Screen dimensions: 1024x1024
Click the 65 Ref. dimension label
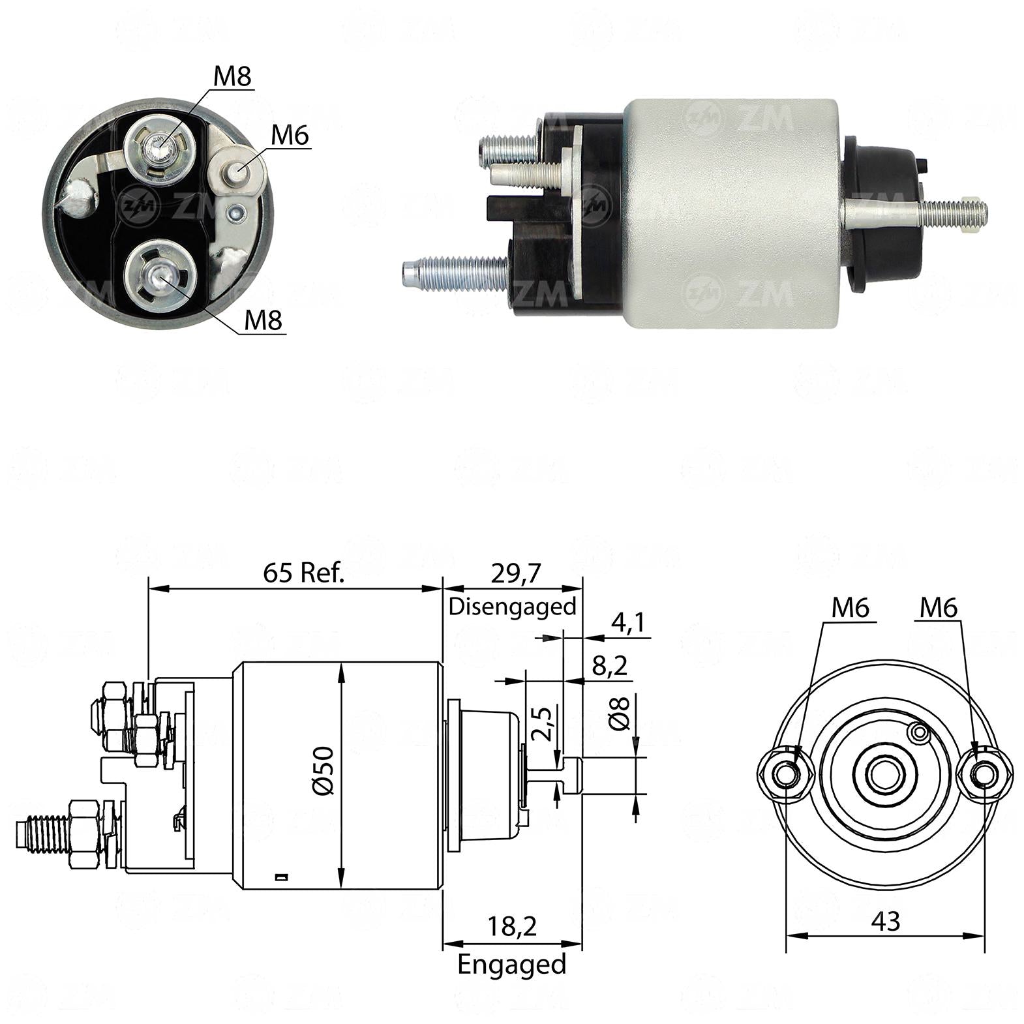click(x=303, y=573)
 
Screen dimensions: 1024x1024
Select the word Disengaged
click(x=513, y=607)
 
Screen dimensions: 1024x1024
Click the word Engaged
click(x=512, y=964)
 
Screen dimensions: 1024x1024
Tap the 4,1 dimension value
click(x=628, y=623)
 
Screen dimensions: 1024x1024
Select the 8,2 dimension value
click(x=610, y=665)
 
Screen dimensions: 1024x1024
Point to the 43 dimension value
click(x=885, y=921)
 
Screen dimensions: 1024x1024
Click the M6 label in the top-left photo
click(x=290, y=135)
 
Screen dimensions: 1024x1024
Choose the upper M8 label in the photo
click(x=233, y=76)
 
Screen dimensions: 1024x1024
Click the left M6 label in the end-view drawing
click(x=851, y=608)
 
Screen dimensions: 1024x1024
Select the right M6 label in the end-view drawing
click(x=938, y=608)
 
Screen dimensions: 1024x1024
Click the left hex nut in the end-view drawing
click(x=786, y=774)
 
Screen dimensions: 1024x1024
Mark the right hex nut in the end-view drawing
click(x=984, y=774)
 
